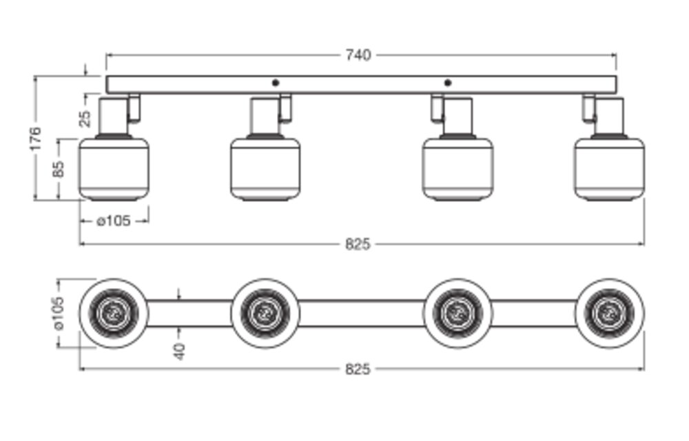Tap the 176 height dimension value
36,139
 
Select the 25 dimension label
85,118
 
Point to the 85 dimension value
59,169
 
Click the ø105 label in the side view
114,221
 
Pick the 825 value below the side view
358,244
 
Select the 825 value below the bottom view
358,369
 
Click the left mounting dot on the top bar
276,83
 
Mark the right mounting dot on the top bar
448,83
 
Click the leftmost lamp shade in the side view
114,169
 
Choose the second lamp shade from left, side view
265,169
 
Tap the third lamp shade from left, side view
457,169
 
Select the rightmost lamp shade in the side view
609,169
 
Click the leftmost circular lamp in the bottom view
114,313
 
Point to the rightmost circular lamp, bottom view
609,313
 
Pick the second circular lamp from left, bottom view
265,313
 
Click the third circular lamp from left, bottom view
457,313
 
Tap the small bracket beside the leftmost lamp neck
135,107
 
